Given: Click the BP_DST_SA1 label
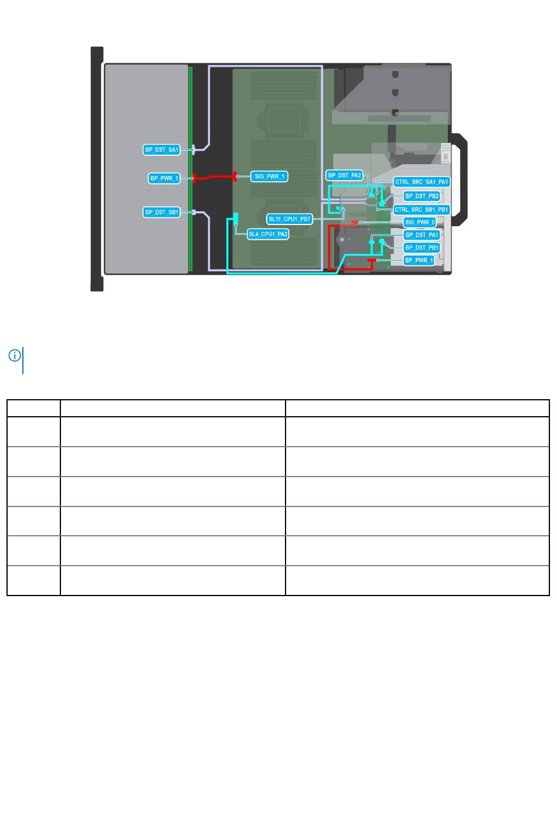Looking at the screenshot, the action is [x=162, y=149].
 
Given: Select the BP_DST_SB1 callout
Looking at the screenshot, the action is [x=162, y=212].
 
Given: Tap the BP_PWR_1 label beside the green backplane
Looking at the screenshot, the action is [x=164, y=178].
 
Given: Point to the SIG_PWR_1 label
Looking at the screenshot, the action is [x=269, y=176].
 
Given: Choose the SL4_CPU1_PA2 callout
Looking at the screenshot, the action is [x=268, y=234].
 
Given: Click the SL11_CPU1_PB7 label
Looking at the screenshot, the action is [x=290, y=219].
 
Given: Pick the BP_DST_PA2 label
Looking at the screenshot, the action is [x=344, y=175].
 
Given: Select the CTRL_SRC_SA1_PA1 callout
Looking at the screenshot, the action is [x=422, y=182].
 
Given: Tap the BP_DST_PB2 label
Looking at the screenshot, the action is [x=422, y=196].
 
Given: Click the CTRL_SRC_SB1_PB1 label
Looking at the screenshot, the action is [x=421, y=209].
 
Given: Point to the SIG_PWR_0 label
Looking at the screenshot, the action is [x=420, y=222].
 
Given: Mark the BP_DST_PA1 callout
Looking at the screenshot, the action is [x=422, y=235].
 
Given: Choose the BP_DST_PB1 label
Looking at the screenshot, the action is [x=422, y=247].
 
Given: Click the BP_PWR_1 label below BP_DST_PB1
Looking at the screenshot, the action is [x=419, y=260].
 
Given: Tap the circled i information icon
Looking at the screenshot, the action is [x=15, y=355].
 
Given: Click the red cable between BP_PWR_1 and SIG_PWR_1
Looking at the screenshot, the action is [x=214, y=177].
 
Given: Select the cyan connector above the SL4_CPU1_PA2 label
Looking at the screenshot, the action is [x=236, y=218].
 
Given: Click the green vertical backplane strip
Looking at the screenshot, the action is [x=191, y=169].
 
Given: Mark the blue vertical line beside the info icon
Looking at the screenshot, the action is [x=23, y=360].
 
